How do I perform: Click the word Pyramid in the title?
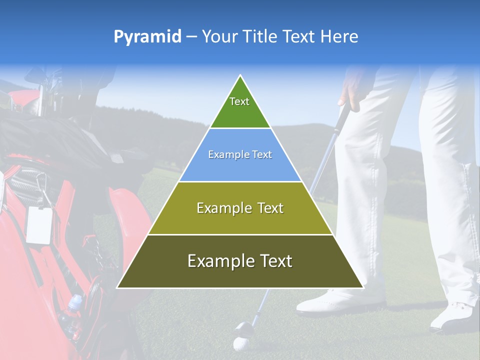[147, 37]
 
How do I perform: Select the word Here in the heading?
[339, 37]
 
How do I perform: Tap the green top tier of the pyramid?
[240, 107]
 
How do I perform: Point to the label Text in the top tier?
[239, 101]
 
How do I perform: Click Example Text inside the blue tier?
[240, 154]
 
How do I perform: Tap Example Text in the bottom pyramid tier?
[240, 261]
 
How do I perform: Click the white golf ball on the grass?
[240, 344]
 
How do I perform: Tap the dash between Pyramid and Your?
[191, 37]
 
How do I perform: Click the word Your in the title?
[219, 37]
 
